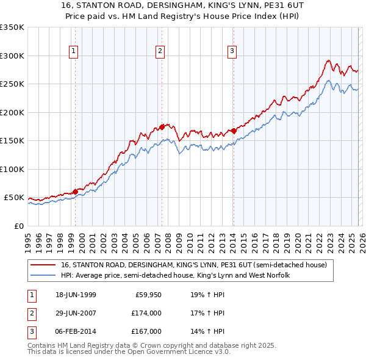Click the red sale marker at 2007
(x=162, y=127)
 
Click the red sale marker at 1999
(x=75, y=192)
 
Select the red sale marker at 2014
(x=234, y=131)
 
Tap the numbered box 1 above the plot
(x=74, y=52)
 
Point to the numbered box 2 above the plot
(x=160, y=52)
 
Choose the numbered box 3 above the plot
(x=232, y=52)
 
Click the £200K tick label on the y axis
(x=12, y=112)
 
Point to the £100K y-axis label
(x=12, y=169)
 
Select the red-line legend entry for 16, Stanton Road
(x=194, y=265)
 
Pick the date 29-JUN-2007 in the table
(x=75, y=313)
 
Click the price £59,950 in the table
(x=147, y=295)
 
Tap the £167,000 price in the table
(x=147, y=331)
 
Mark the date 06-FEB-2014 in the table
(x=75, y=331)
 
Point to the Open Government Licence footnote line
(x=129, y=352)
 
